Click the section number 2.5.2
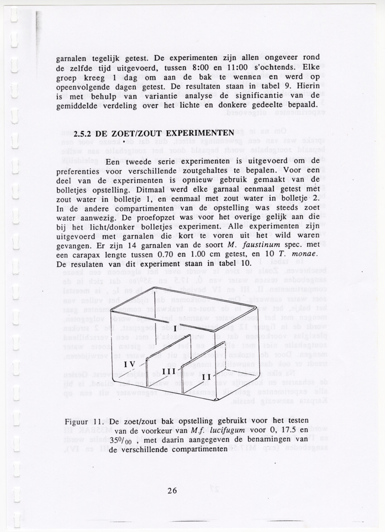83,134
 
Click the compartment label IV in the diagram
130,364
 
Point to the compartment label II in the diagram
207,377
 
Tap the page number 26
172,490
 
